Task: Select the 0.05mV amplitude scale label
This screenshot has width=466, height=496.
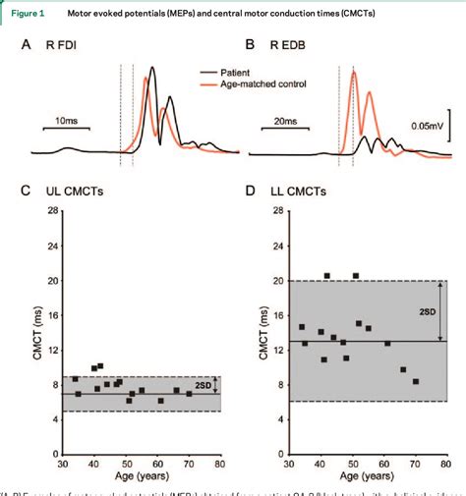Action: [434, 126]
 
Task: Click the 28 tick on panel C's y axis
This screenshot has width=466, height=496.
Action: [49, 210]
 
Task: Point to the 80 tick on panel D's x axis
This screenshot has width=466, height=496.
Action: [446, 464]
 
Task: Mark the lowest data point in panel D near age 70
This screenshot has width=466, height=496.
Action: [415, 381]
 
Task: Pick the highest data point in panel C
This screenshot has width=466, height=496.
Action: [100, 365]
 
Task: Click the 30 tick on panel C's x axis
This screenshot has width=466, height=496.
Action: [62, 464]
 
